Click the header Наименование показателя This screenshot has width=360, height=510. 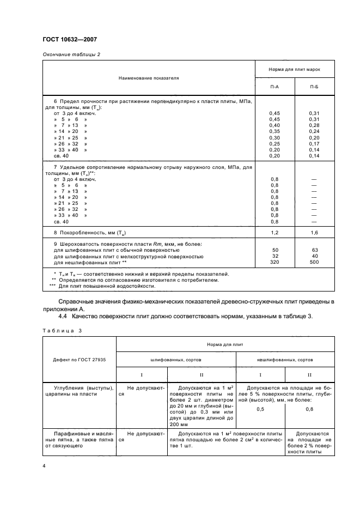[x=148, y=78]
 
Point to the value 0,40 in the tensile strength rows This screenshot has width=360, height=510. [x=275, y=125]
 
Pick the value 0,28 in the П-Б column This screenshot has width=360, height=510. [x=315, y=125]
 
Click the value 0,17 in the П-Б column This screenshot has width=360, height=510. [x=315, y=143]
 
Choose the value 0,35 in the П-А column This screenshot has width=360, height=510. [x=275, y=131]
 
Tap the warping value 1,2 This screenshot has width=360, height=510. [x=275, y=233]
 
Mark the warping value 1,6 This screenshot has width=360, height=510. [x=315, y=233]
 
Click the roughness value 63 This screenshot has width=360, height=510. [x=315, y=250]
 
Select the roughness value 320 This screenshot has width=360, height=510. [x=275, y=262]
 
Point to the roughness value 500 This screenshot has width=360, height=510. [x=315, y=262]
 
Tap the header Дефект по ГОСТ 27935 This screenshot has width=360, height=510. [x=80, y=360]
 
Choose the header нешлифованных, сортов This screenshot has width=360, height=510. [x=285, y=360]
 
